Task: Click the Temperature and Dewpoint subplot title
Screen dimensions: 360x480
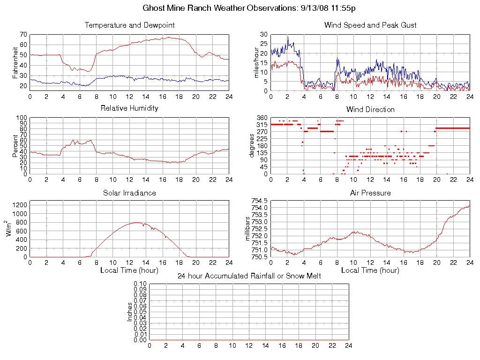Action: tap(129, 25)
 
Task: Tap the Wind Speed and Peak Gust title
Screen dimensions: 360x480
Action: tap(370, 25)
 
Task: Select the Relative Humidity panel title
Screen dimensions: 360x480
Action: tap(129, 108)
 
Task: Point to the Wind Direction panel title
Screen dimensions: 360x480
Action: tap(370, 109)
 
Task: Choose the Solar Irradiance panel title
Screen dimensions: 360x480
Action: tap(129, 193)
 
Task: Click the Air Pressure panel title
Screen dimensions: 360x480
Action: tap(370, 193)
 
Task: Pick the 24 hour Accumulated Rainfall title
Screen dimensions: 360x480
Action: tap(249, 276)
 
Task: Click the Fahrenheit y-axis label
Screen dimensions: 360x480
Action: tap(16, 62)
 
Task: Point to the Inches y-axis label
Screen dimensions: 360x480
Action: tap(130, 312)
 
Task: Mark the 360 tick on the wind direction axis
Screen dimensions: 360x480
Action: tap(262, 118)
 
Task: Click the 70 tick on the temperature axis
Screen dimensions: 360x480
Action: tap(23, 34)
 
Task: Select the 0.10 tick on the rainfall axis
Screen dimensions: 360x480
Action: tap(141, 284)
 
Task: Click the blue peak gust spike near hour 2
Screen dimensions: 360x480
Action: tap(288, 37)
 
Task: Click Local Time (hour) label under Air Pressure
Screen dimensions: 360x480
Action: tap(370, 270)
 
